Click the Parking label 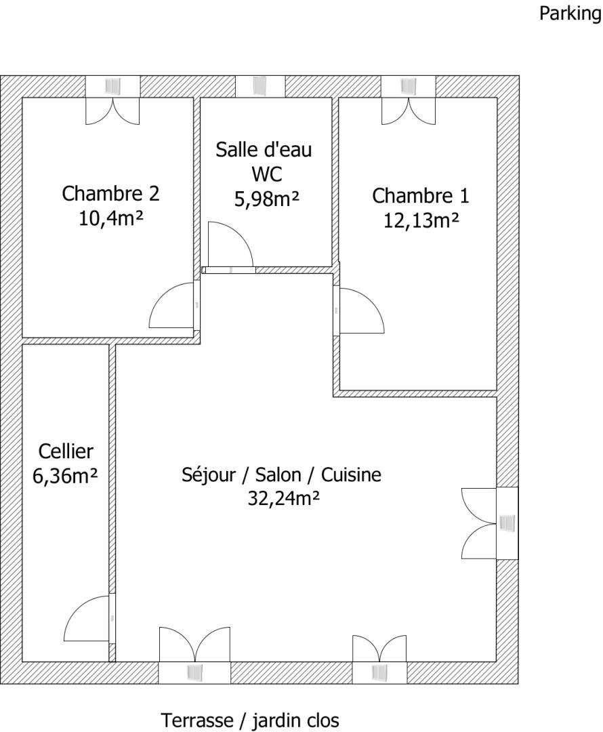[570, 13]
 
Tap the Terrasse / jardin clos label [250, 720]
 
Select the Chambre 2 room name [110, 193]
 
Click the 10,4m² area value [110, 218]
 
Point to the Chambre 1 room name [421, 196]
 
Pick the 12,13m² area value [421, 220]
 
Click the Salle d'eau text [264, 149]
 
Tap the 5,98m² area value [266, 199]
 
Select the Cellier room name [66, 451]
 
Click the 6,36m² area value [65, 476]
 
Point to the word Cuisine [352, 474]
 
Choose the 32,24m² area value [283, 499]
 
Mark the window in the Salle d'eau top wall [260, 86]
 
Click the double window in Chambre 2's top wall [112, 100]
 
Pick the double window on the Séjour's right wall [490, 523]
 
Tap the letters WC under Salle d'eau [267, 175]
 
